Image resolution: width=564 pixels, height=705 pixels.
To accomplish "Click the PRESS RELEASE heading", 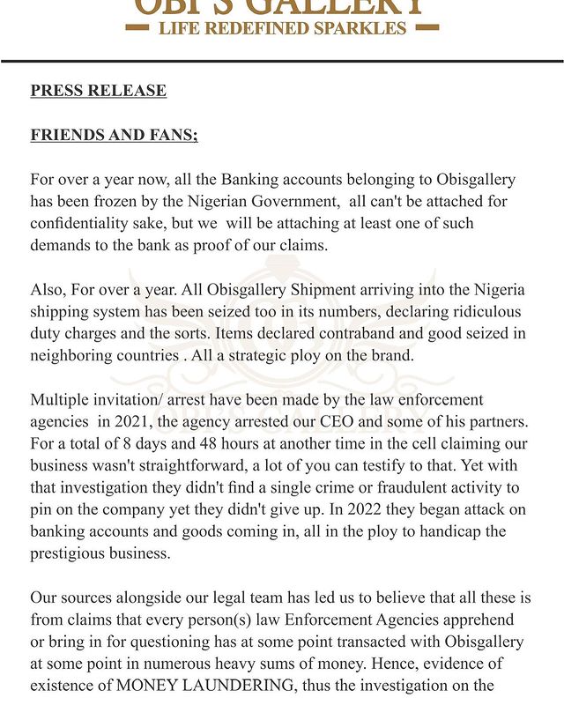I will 98,91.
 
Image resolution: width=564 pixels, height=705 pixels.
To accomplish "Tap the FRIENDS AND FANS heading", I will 114,135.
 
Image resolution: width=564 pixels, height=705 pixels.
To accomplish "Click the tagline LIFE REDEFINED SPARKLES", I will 282,28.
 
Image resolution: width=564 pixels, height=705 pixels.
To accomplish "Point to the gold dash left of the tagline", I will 138,28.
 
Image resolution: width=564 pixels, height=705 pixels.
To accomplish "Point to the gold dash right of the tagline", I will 427,28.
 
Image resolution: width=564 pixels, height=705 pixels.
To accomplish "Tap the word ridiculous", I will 469,313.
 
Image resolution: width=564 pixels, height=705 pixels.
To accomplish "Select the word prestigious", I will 70,553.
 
